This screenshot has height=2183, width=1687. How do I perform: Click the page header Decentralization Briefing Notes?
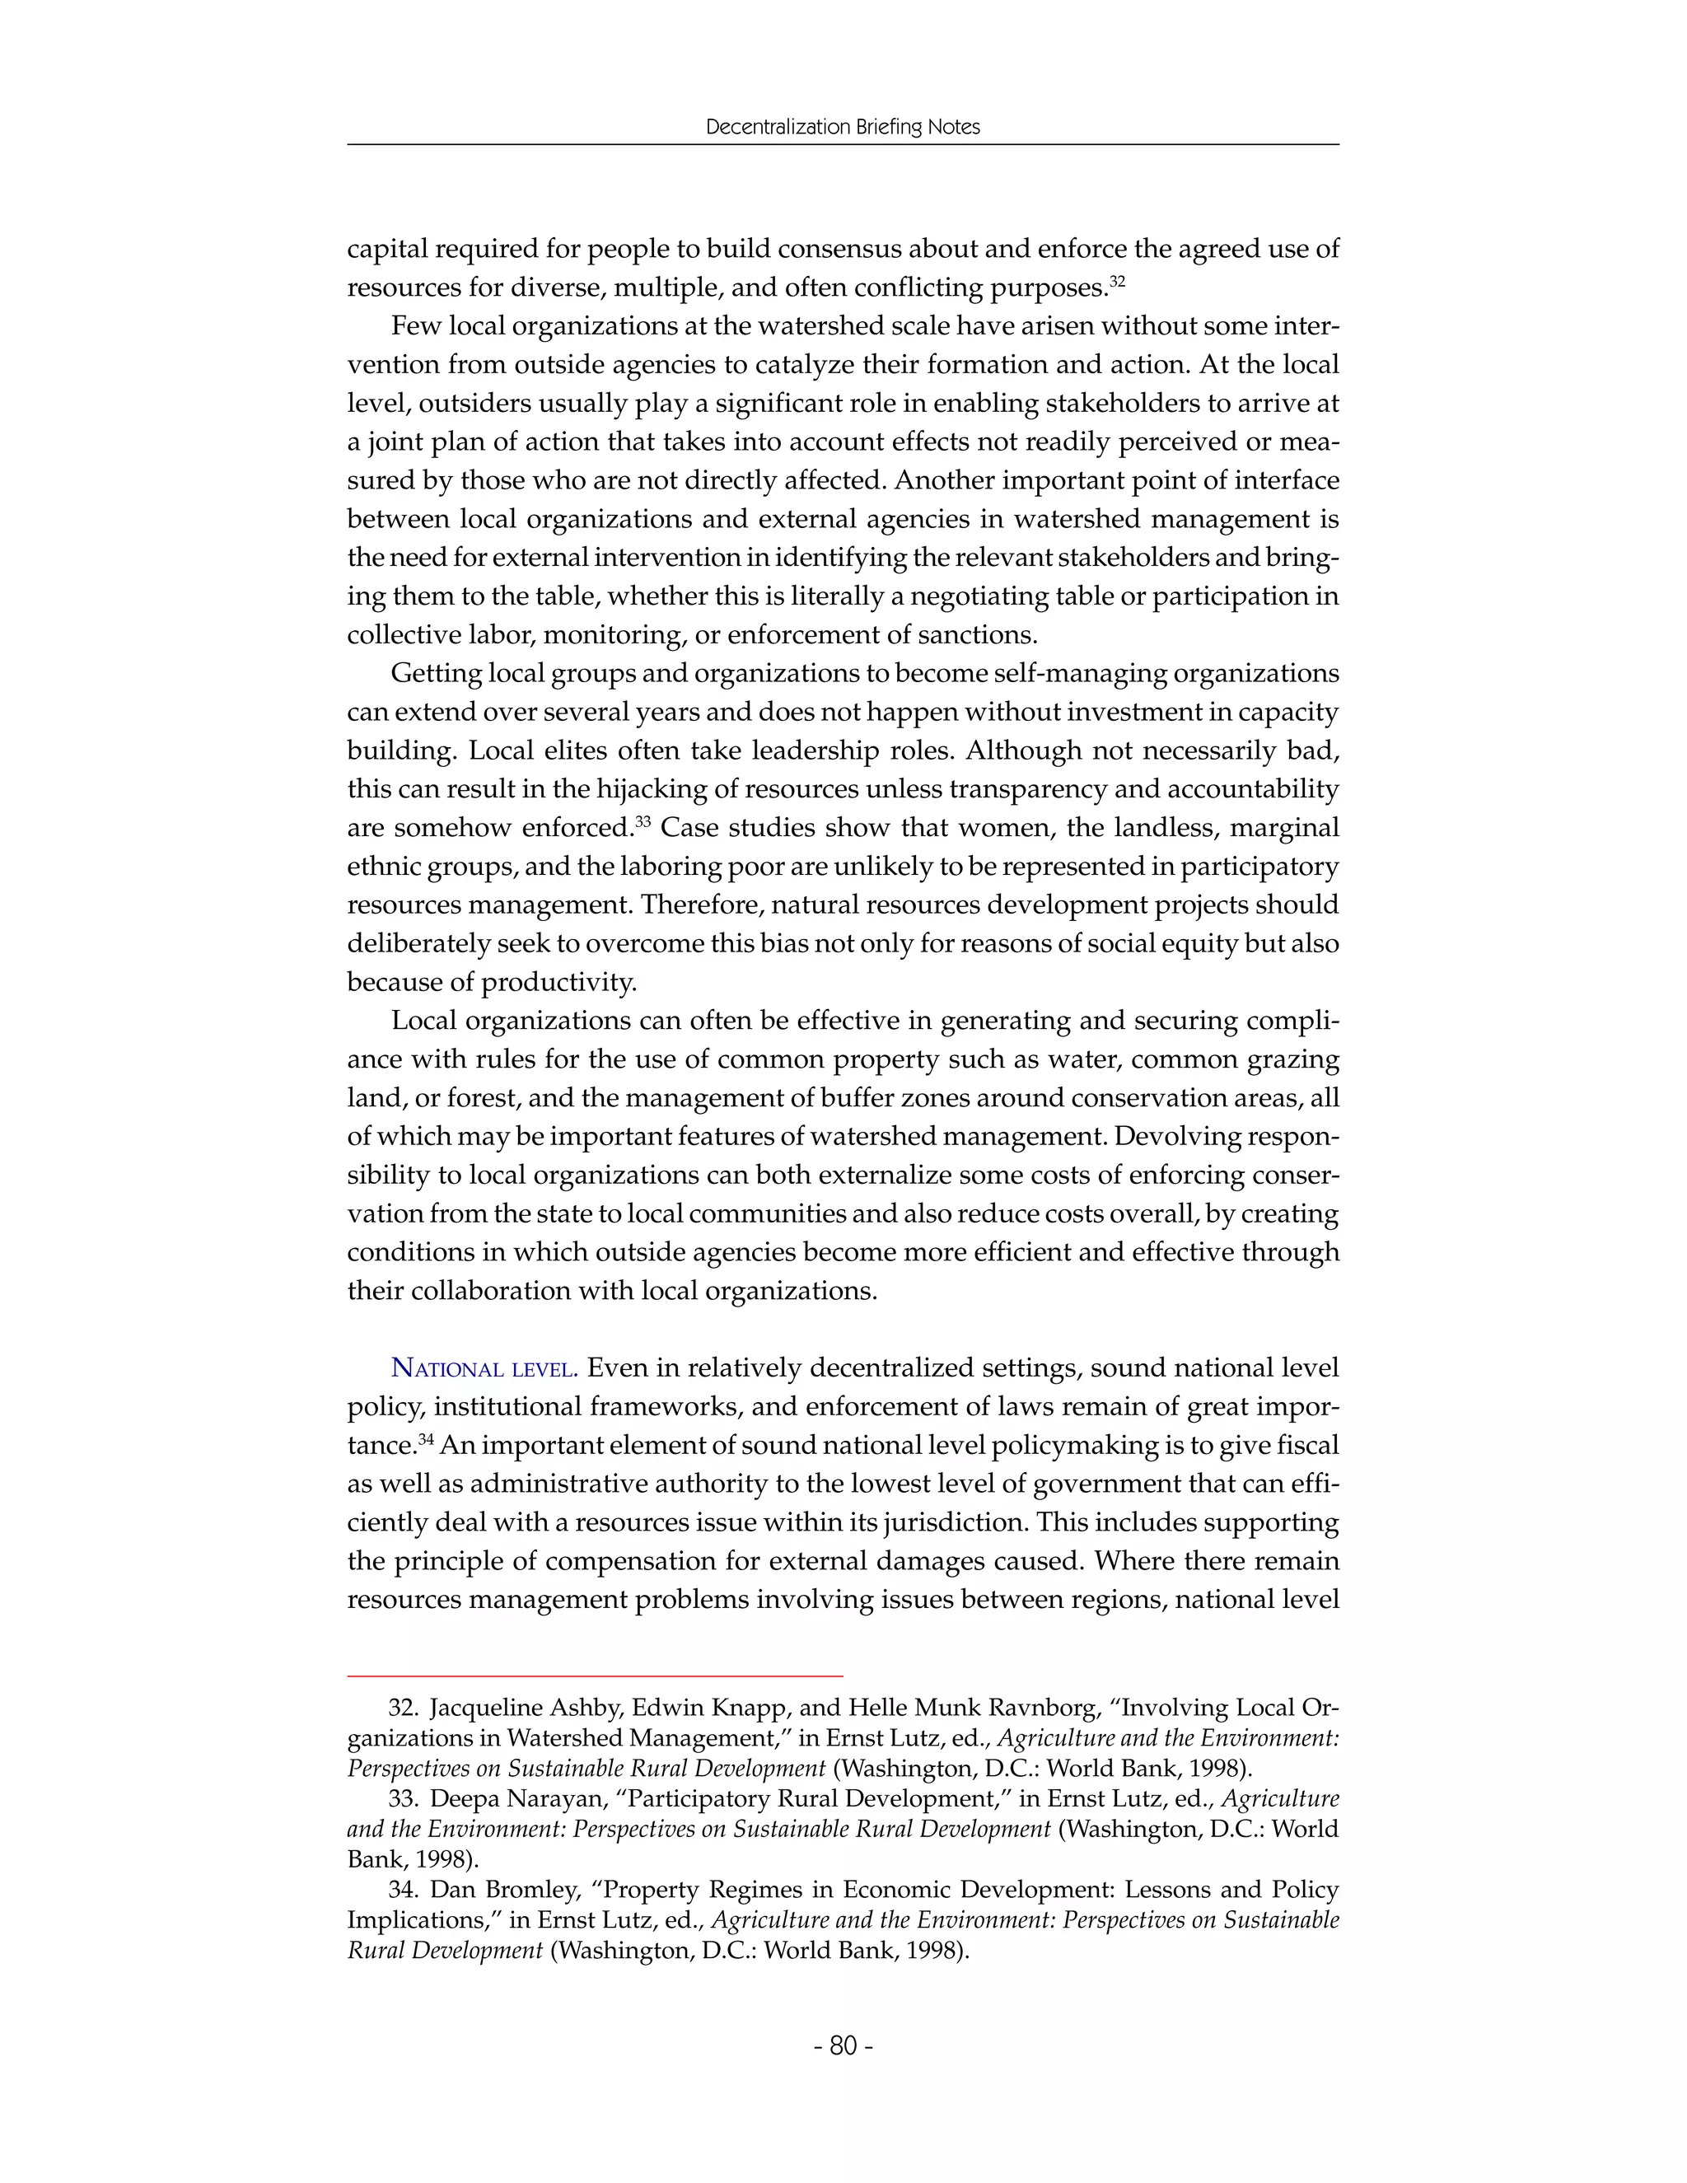[843, 127]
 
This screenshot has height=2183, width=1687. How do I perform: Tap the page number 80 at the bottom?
[843, 2046]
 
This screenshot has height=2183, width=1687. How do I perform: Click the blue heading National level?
[484, 1368]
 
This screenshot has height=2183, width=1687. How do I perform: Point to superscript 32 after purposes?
[1117, 282]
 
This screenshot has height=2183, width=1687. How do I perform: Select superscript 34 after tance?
[426, 1439]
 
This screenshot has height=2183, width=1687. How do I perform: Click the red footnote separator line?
[595, 1674]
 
